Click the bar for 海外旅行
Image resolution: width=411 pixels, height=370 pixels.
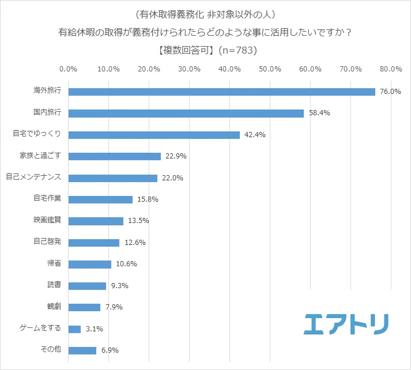(222, 92)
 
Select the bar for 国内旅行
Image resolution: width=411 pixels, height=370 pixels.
(186, 114)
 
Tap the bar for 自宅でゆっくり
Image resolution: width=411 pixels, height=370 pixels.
(154, 135)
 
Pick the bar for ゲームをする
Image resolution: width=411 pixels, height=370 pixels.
(75, 329)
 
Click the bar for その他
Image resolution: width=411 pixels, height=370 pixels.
(82, 350)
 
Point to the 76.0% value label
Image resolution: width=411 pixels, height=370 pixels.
(390, 92)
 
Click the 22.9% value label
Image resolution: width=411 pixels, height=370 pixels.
(175, 156)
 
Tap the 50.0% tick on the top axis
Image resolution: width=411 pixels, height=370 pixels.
(270, 69)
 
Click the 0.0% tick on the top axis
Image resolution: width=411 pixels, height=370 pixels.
(69, 69)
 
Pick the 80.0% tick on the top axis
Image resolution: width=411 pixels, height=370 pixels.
(391, 69)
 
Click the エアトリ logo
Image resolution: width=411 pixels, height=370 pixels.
(346, 324)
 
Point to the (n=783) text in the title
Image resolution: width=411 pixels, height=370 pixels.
(238, 50)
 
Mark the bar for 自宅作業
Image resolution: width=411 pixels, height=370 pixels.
(100, 199)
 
